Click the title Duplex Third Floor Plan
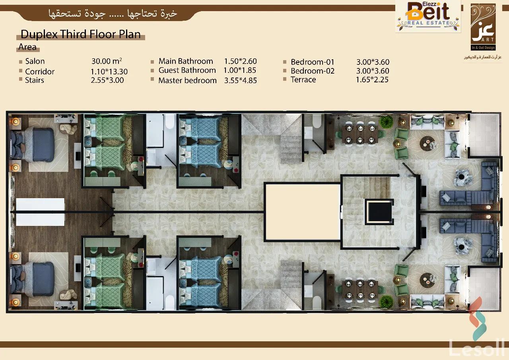tap(80, 34)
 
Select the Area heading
tap(27, 47)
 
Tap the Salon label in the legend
tap(35, 61)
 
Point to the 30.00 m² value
tap(107, 61)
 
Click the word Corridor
tap(40, 72)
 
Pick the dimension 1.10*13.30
tap(109, 72)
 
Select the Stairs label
tap(35, 80)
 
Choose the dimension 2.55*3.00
tap(107, 80)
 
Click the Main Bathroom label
tap(186, 61)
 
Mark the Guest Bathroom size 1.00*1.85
tap(240, 70)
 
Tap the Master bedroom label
tap(187, 80)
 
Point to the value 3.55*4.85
tap(240, 80)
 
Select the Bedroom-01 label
tap(313, 62)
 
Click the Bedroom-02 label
tap(313, 71)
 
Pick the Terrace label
tap(303, 80)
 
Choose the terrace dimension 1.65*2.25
tap(372, 80)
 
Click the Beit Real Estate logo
tap(428, 16)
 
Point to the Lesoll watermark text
tap(477, 348)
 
